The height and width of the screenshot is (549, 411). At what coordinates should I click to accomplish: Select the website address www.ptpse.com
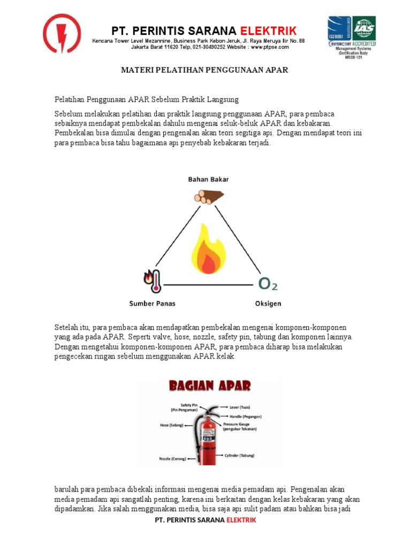270,47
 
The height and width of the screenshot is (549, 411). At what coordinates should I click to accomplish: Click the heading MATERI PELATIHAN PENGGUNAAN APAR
205,70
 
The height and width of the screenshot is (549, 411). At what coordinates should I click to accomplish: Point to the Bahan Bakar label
208,180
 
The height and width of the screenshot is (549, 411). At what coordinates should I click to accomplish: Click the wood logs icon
207,197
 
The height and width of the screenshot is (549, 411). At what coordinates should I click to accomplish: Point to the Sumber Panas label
152,303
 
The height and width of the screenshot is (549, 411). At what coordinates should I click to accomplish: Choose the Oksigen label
267,303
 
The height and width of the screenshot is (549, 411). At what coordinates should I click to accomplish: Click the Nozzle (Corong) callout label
172,459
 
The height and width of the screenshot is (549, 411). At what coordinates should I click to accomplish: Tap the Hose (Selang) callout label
171,425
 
